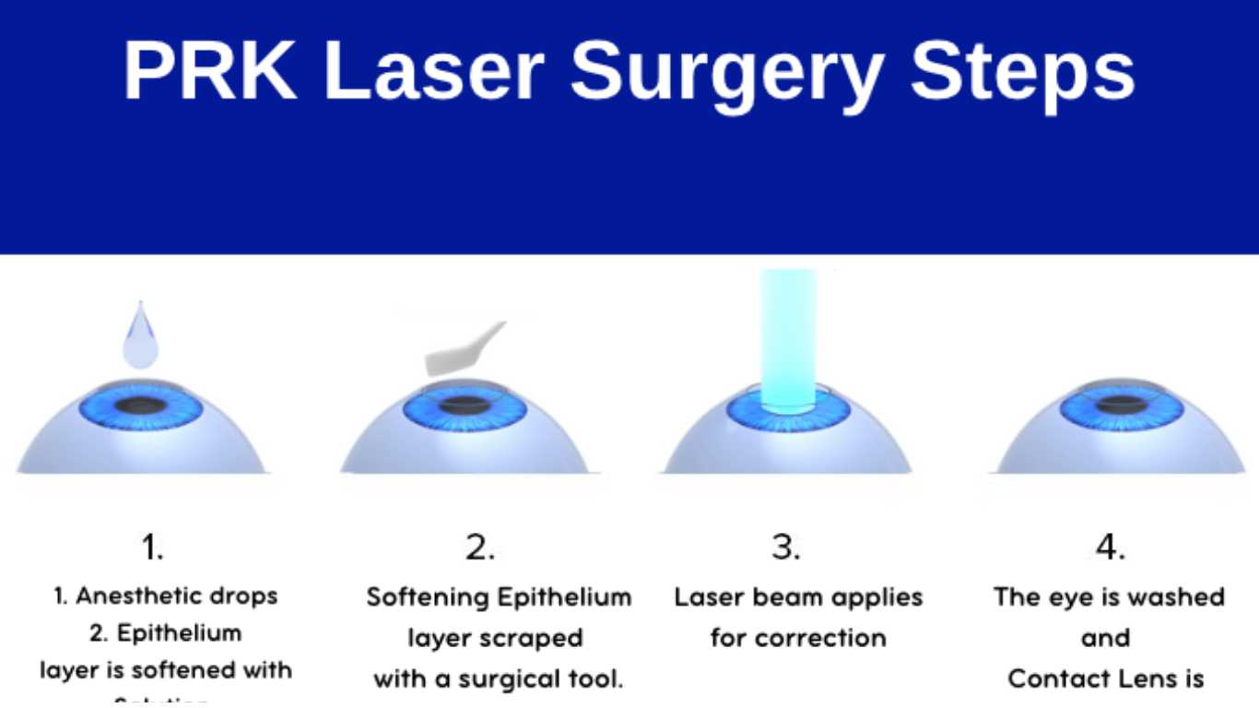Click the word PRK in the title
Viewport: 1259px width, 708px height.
[210, 72]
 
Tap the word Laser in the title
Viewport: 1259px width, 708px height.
[433, 72]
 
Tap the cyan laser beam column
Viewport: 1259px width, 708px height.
[787, 336]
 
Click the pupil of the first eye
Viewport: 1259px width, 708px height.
[141, 405]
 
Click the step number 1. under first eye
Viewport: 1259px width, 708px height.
[152, 548]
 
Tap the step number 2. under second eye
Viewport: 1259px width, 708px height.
[479, 548]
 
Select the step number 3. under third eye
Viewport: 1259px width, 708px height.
[786, 548]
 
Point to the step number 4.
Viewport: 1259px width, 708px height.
[1110, 548]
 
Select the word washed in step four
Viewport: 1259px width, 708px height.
[1171, 597]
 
